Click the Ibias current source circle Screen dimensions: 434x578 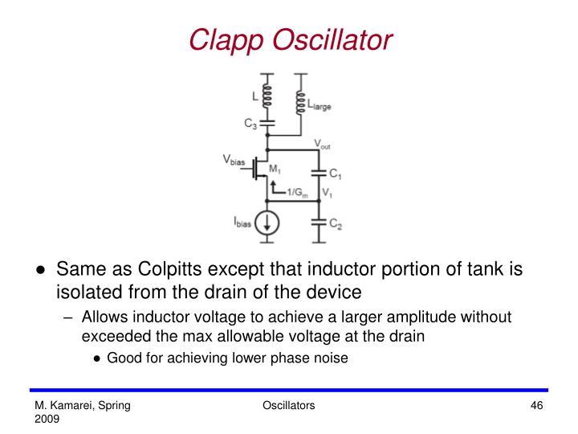(x=267, y=220)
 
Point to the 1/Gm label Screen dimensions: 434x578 (x=298, y=194)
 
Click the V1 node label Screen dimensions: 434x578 (x=327, y=194)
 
